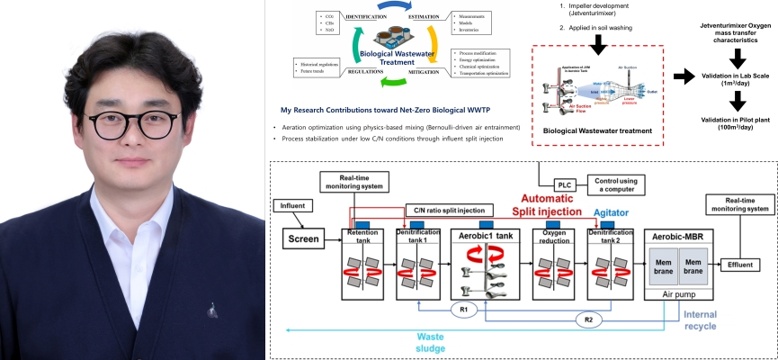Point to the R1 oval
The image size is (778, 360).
pos(464,310)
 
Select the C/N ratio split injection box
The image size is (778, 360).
pos(450,210)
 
